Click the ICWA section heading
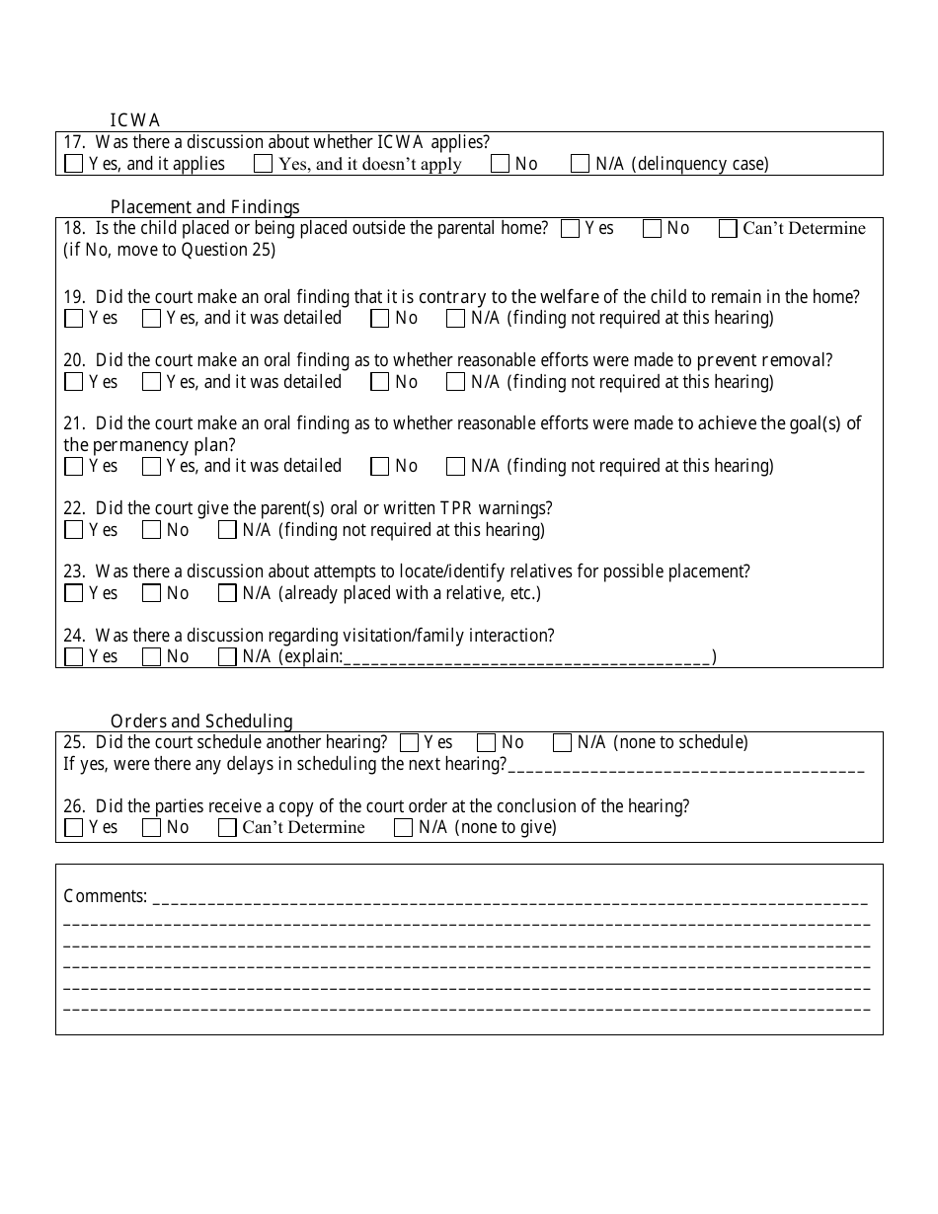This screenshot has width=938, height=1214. (x=135, y=120)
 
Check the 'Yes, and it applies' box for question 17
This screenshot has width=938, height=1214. (x=74, y=164)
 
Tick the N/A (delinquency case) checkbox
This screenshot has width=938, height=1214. (x=581, y=164)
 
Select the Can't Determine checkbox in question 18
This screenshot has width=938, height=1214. (x=728, y=229)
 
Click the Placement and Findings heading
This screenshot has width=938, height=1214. (x=204, y=206)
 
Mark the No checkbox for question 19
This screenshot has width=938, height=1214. (x=380, y=319)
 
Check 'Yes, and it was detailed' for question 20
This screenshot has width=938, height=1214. (x=151, y=382)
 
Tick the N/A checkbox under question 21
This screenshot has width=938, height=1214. (x=456, y=466)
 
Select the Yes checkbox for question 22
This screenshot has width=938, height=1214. (x=74, y=530)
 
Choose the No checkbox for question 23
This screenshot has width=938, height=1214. (x=151, y=593)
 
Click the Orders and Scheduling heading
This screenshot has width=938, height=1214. (x=201, y=721)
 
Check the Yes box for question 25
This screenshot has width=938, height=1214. (x=409, y=743)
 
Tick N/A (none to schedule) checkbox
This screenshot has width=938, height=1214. (x=563, y=743)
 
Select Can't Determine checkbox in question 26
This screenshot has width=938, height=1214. (x=228, y=828)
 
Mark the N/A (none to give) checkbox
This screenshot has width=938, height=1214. (x=403, y=828)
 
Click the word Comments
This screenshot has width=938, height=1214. (x=105, y=896)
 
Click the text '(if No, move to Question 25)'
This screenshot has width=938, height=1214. (x=169, y=250)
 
